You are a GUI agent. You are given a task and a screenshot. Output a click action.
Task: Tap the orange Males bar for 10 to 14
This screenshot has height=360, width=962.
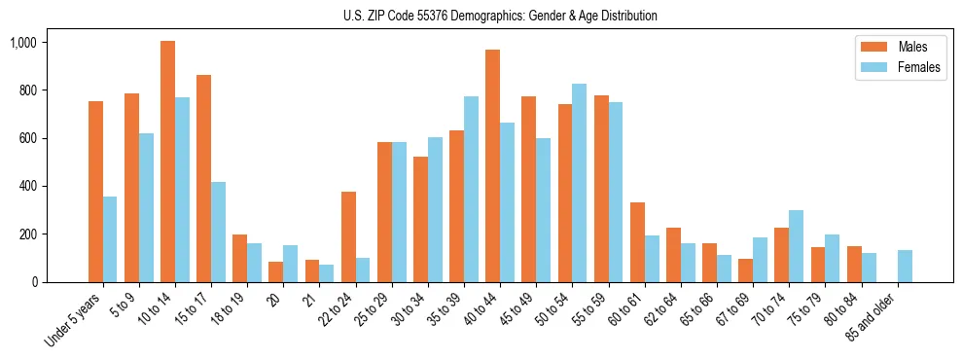167,162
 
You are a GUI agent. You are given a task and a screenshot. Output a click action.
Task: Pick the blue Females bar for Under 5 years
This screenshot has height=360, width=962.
110,239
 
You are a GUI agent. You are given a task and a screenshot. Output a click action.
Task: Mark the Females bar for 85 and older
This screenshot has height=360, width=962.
905,266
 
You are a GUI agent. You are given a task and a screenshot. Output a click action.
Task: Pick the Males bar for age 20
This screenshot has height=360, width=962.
275,271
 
